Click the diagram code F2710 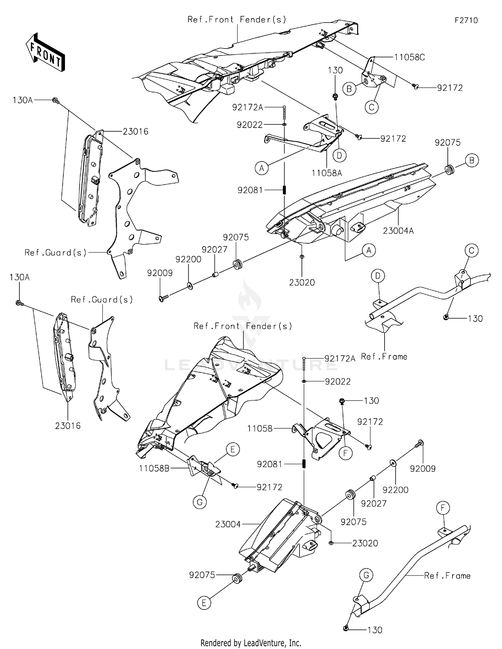pos(466,20)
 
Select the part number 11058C pos(409,57)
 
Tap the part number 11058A pos(327,173)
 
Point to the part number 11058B pos(154,468)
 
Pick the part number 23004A pos(398,231)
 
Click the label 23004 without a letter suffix pos(228,524)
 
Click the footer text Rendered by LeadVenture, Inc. pos(251,643)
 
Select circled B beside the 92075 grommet pos(472,160)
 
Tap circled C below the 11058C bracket pos(371,107)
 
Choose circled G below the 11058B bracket pos(200,502)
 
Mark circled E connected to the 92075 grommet pos(204,603)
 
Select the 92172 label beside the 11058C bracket pos(450,88)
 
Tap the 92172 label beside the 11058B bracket pos(269,487)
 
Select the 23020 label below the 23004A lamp pos(302,283)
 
